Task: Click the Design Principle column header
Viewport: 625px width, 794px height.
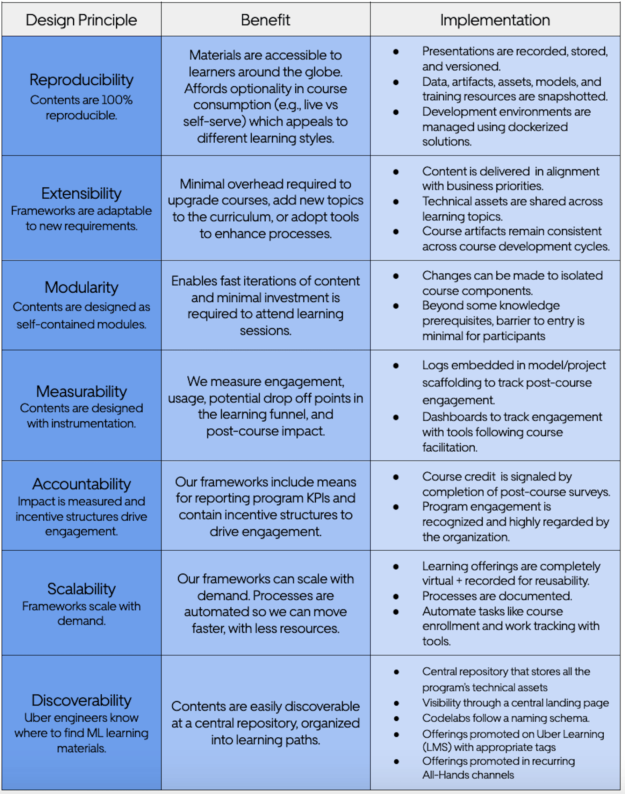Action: click(x=81, y=20)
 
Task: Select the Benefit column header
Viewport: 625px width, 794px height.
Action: click(x=265, y=20)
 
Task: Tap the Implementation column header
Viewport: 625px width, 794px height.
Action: click(x=495, y=20)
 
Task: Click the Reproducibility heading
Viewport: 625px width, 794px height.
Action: click(x=81, y=80)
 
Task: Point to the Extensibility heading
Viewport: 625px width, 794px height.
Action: click(x=81, y=193)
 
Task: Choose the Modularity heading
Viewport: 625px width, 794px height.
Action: click(x=81, y=287)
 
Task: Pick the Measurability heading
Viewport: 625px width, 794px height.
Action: click(x=81, y=392)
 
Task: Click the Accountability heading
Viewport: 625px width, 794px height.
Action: click(x=81, y=484)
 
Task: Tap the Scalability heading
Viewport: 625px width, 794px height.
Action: click(x=81, y=589)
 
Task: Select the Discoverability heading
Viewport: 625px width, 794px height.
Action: click(x=81, y=700)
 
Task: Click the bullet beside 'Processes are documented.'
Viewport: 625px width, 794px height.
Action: click(x=396, y=596)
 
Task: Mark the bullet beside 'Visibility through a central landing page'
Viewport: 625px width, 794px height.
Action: click(x=396, y=703)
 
